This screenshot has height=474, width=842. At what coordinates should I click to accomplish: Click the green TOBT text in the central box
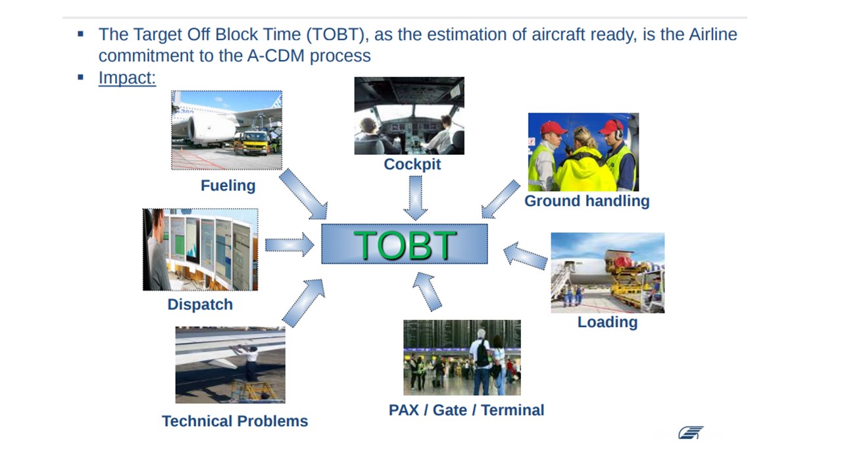coord(405,245)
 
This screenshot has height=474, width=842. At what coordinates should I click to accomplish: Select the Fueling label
coord(228,186)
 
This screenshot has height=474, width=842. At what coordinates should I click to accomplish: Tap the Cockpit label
coord(412,165)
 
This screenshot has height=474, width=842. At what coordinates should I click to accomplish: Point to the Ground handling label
coord(587,201)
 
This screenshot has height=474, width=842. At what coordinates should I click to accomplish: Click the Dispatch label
coord(200,304)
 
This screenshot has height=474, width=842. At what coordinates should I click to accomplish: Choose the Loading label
coord(607,322)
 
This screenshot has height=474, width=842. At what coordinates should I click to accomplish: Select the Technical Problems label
coord(235,421)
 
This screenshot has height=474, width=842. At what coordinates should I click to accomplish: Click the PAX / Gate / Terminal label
coord(466,410)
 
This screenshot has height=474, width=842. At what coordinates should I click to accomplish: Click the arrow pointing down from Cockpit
coord(415,198)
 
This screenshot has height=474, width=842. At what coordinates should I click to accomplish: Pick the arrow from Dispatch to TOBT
coord(289,245)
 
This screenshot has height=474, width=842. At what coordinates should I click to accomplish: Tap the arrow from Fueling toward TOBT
coord(304,194)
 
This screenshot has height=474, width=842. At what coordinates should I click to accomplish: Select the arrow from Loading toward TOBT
coord(525,256)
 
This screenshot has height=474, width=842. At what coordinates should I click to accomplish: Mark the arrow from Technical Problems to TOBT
coord(303,302)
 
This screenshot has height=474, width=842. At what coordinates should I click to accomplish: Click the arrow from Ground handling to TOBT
coord(501,199)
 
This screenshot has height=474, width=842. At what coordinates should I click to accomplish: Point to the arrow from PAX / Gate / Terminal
coord(427,292)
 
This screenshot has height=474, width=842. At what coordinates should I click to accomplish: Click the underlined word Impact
coord(127,78)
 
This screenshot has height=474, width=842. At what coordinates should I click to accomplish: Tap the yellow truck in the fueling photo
coord(253,143)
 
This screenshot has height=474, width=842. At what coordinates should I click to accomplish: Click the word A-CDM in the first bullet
coord(276,56)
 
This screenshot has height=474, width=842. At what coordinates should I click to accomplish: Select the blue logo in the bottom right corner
coord(691,433)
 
